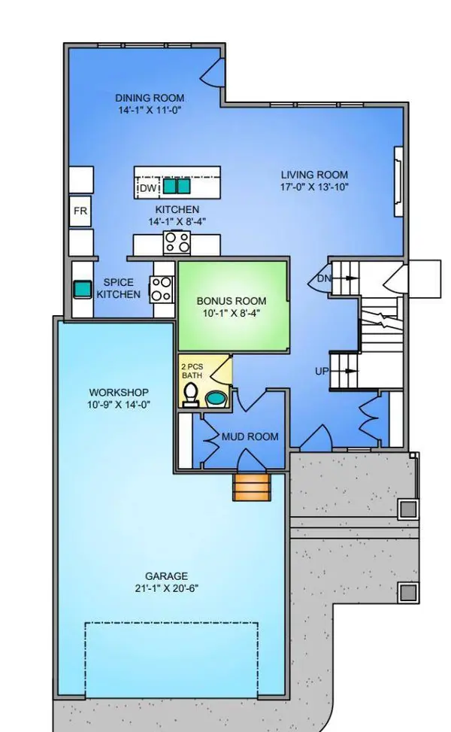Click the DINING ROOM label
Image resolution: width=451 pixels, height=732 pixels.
[x=150, y=98]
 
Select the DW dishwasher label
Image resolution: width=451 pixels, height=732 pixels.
[x=148, y=187]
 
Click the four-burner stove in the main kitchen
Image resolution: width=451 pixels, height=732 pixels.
[x=177, y=241]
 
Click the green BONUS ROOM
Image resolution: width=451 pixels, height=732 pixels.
[x=233, y=305]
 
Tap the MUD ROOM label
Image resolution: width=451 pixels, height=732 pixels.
[x=250, y=436]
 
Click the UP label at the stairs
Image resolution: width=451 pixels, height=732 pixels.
[x=322, y=372]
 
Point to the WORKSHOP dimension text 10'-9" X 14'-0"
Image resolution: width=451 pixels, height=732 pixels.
[x=119, y=405]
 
